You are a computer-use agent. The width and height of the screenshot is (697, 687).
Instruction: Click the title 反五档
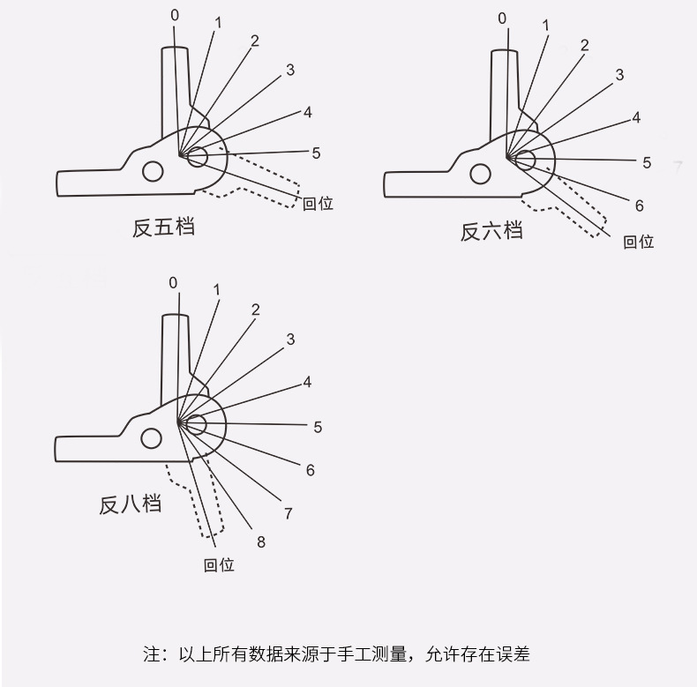pos(163,228)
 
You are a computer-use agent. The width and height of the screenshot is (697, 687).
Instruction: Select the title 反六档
pos(491,231)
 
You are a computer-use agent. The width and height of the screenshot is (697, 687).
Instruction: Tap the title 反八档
pos(130,505)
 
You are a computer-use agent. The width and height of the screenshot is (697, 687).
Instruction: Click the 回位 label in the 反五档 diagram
pos(318,204)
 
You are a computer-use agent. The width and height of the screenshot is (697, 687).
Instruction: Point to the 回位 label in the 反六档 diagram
pos(639,242)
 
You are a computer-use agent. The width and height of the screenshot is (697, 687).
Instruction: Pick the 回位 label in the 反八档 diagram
pos(219,565)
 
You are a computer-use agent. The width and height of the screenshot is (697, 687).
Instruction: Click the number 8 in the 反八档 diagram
pos(261,542)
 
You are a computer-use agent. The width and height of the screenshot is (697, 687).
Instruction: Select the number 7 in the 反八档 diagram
pos(289,513)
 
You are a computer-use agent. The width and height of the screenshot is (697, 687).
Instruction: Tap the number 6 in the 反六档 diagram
pos(640,205)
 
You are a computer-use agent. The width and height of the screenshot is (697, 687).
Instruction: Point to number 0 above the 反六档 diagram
pos(502,18)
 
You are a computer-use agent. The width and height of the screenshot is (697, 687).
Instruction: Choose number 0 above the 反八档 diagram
pos(173,282)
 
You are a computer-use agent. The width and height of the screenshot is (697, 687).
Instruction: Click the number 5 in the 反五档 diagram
pos(316,153)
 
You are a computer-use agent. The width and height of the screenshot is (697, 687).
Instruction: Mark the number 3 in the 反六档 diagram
pos(619,75)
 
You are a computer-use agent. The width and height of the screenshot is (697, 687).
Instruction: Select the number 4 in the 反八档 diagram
pos(307,382)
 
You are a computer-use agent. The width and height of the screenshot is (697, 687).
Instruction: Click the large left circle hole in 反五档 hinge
pos(153,170)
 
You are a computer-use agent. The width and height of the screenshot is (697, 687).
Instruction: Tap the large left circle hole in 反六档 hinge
pos(480,174)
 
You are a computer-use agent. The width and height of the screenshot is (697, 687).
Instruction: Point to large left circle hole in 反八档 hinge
pos(152,438)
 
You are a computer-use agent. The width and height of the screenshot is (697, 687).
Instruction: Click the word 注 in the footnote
pos(149,655)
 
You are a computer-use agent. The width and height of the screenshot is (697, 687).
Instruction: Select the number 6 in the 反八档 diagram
pos(311,470)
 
